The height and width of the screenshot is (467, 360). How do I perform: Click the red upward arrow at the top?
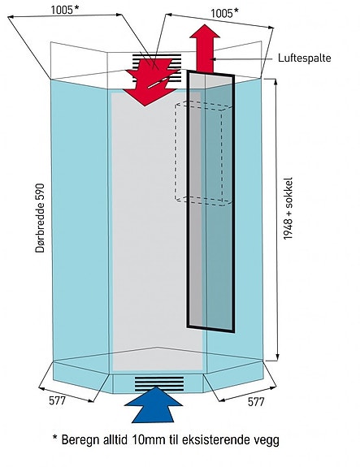pyautogui.click(x=205, y=50)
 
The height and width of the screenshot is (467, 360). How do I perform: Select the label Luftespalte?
pyautogui.click(x=304, y=58)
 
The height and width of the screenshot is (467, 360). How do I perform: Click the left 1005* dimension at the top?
pyautogui.click(x=65, y=10)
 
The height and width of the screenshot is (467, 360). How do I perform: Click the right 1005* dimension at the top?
pyautogui.click(x=225, y=13)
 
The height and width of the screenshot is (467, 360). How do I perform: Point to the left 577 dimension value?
pyautogui.click(x=57, y=400)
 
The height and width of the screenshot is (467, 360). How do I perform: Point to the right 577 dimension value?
pyautogui.click(x=256, y=402)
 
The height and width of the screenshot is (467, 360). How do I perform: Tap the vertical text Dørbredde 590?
pyautogui.click(x=40, y=218)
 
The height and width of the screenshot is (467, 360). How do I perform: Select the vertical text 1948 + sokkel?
pyautogui.click(x=288, y=209)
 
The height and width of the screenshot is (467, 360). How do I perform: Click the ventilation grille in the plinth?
pyautogui.click(x=159, y=383)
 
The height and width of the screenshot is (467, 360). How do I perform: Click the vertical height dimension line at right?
pyautogui.click(x=277, y=219)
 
